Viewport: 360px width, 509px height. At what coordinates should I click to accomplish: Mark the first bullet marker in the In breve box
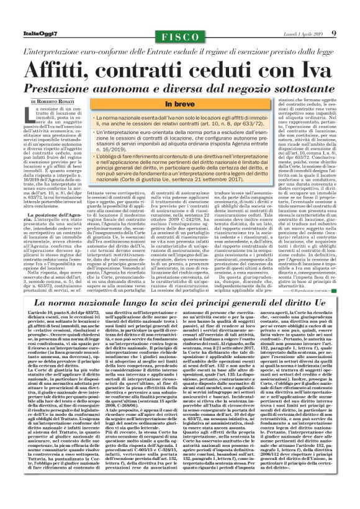[92, 117]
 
